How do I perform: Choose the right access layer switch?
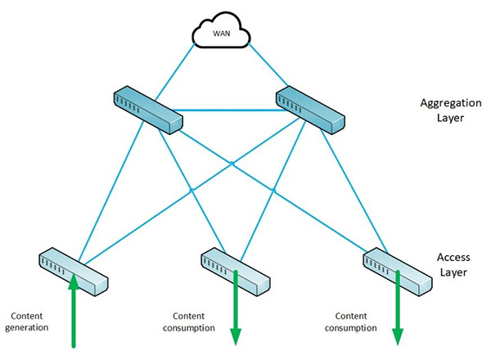(397, 269)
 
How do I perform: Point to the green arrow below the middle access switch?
(236, 315)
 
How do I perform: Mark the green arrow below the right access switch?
(399, 315)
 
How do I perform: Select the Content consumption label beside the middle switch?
(194, 321)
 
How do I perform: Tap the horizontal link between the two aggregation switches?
(229, 106)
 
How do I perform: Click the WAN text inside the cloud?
(221, 35)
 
